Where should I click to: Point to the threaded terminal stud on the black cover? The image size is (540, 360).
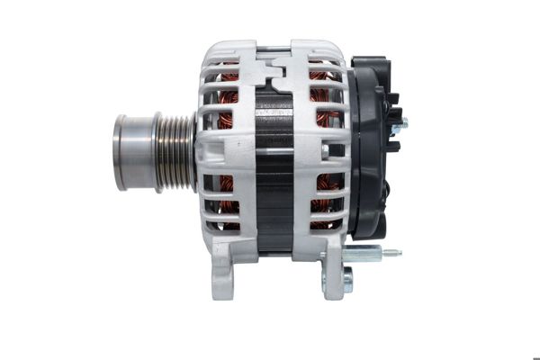[401, 123]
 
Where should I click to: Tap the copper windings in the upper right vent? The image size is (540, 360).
[322, 90]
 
